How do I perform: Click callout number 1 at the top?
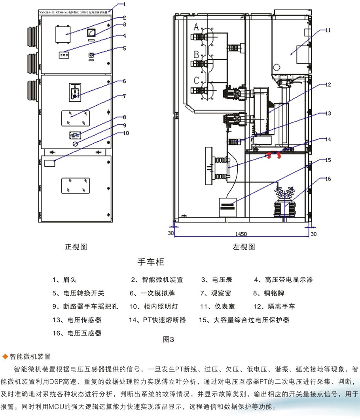pos(124,4)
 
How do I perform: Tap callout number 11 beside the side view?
pos(328,30)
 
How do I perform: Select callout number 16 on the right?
pos(328,179)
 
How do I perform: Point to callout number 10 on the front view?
pos(126,133)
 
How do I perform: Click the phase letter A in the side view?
pos(196,27)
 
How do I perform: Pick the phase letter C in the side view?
pos(196,81)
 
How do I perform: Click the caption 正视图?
pos(76,247)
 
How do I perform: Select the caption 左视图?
pos(244,247)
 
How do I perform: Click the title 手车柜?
pos(150,262)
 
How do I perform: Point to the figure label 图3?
pos(168,339)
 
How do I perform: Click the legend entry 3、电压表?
pos(216,280)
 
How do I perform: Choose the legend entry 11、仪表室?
pos(217,306)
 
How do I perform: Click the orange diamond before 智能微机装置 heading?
pos(5,356)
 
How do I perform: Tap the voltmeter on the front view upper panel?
pos(91,33)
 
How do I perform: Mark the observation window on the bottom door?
pos(75,184)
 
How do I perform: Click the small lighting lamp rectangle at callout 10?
pos(49,163)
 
